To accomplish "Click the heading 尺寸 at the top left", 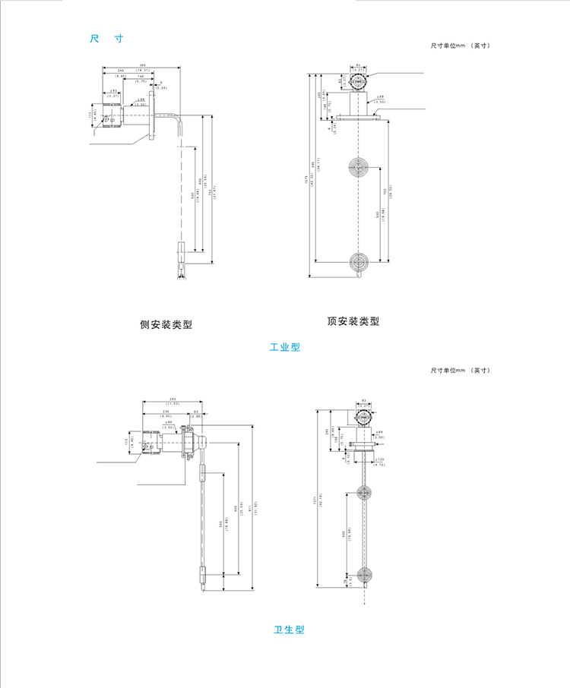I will [106, 38].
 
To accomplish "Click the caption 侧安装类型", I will [166, 324].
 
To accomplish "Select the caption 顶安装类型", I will [353, 321].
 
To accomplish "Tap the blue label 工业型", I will [285, 347].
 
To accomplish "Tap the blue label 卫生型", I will [289, 630].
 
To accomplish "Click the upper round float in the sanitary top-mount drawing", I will [365, 494].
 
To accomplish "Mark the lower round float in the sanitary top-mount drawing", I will [365, 575].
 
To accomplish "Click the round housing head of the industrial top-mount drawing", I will [358, 79].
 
